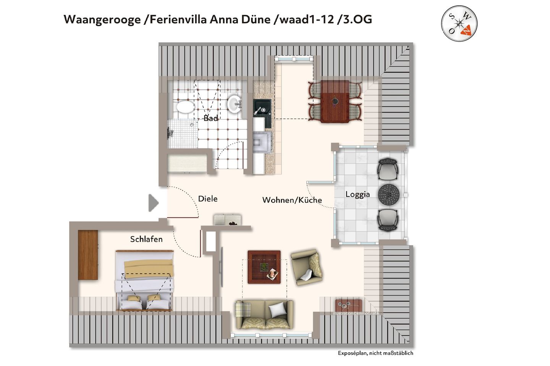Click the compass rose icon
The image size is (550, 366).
(459, 23)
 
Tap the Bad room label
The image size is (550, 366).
(210, 118)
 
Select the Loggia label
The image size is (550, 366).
(357, 194)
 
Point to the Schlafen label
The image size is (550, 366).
(146, 239)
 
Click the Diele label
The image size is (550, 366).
(208, 199)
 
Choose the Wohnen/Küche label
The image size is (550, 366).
(292, 200)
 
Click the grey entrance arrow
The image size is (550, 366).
(153, 203)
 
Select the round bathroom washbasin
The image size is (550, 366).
(235, 103)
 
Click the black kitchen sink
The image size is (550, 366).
(262, 110)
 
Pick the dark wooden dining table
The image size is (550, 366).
(335, 101)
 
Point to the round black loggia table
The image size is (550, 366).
(389, 194)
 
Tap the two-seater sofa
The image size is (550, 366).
(264, 314)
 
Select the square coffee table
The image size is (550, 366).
(264, 267)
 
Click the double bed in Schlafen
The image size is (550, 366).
(145, 281)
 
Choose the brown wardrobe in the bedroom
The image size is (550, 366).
(88, 255)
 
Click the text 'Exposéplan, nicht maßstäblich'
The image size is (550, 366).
(375, 353)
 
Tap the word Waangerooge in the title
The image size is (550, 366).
(102, 19)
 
